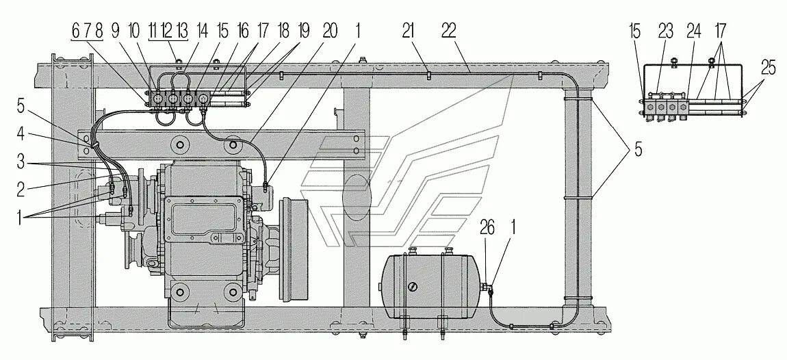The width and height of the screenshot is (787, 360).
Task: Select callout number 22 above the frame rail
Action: pyautogui.click(x=449, y=30)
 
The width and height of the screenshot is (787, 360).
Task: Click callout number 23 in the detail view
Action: pyautogui.click(x=666, y=30)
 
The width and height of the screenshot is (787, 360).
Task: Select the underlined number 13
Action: pyautogui.click(x=181, y=30)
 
